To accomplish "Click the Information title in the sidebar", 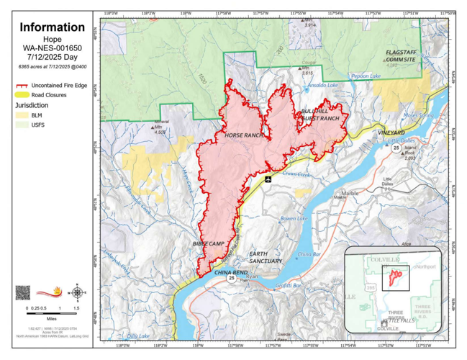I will coord(51,27).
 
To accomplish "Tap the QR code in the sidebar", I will coord(23,292).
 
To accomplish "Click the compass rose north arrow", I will coord(78,292).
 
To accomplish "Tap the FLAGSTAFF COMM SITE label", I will coord(400,56).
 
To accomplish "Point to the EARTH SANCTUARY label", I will coord(265,257).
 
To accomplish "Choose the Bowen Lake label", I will coord(293,218).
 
